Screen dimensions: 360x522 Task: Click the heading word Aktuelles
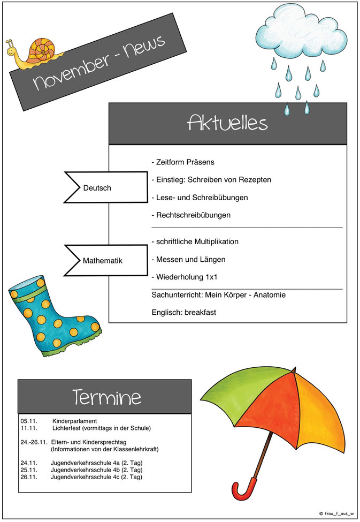tap(227, 123)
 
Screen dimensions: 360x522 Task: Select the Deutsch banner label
tap(97, 188)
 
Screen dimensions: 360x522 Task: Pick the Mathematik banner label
tap(103, 261)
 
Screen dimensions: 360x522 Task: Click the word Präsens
tap(200, 162)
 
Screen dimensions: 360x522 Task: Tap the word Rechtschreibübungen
tap(193, 215)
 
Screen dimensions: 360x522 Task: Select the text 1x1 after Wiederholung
tap(211, 277)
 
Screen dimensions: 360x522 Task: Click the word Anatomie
tap(270, 295)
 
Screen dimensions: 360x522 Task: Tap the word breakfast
tap(200, 313)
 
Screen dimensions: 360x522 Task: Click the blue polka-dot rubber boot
tap(53, 316)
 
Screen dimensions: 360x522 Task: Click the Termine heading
tap(107, 397)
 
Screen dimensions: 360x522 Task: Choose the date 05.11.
tap(29, 421)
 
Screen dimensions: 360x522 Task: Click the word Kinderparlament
tap(74, 421)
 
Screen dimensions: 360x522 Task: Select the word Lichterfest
tap(66, 428)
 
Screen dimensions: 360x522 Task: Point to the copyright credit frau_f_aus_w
tap(336, 513)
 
